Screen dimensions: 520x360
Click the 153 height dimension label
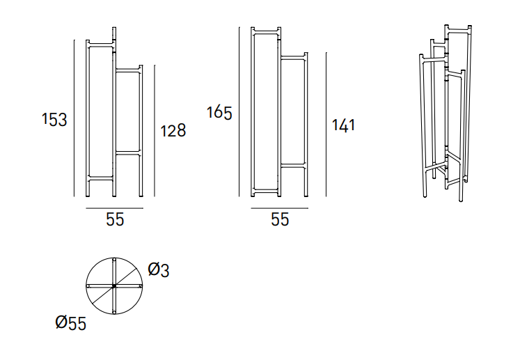click(x=54, y=120)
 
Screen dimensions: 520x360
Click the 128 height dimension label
click(x=173, y=130)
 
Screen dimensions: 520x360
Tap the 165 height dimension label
click(x=219, y=113)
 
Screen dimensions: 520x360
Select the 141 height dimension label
click(x=344, y=125)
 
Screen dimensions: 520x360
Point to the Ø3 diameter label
click(x=159, y=269)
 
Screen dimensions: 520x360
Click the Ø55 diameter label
click(x=70, y=322)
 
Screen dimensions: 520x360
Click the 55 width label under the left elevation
click(x=115, y=219)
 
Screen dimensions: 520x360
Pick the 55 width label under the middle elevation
click(x=280, y=219)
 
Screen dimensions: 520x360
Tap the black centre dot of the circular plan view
click(x=114, y=285)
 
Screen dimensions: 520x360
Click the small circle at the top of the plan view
click(x=114, y=260)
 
